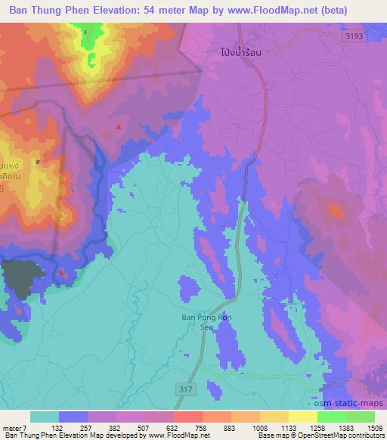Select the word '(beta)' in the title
365,9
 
